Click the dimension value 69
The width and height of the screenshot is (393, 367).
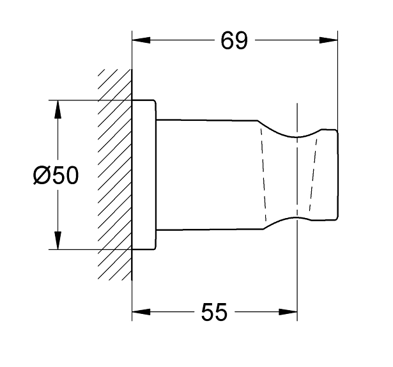click(x=233, y=41)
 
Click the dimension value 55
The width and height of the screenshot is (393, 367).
click(x=214, y=313)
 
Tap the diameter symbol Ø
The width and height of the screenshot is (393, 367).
click(x=40, y=175)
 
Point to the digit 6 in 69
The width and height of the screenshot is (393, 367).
click(x=227, y=41)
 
